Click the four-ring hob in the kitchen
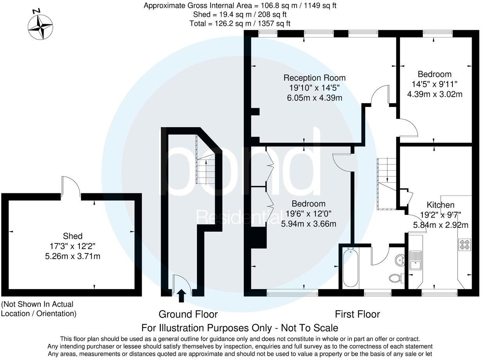[x=465, y=244]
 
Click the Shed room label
[x=73, y=236]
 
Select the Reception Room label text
[x=314, y=77]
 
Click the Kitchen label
[x=440, y=205]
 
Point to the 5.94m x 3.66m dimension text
[x=309, y=224]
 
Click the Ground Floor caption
[x=188, y=314]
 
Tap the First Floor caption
[x=357, y=314]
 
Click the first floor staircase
[x=386, y=184]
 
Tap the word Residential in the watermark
[x=238, y=216]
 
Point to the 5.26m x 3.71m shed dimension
[x=73, y=256]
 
